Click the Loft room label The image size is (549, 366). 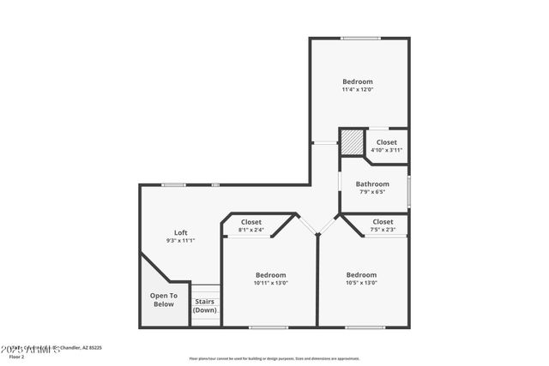(181, 232)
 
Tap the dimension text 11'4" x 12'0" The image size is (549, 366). (358, 89)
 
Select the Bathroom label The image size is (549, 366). (372, 183)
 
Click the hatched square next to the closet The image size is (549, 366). (352, 142)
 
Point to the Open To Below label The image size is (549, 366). (163, 300)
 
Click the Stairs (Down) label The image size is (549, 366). (205, 305)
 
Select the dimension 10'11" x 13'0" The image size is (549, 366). (270, 283)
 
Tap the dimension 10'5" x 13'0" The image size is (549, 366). (361, 283)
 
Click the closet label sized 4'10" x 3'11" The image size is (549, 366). (386, 150)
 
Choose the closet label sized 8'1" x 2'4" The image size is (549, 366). (251, 230)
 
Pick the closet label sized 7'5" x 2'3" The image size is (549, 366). (383, 230)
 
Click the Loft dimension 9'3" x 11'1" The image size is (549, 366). (181, 241)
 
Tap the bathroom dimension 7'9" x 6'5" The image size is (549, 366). (372, 192)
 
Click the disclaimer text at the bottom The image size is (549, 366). (274, 358)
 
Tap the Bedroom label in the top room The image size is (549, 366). (358, 81)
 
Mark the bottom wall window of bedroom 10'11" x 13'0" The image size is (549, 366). (268, 327)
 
